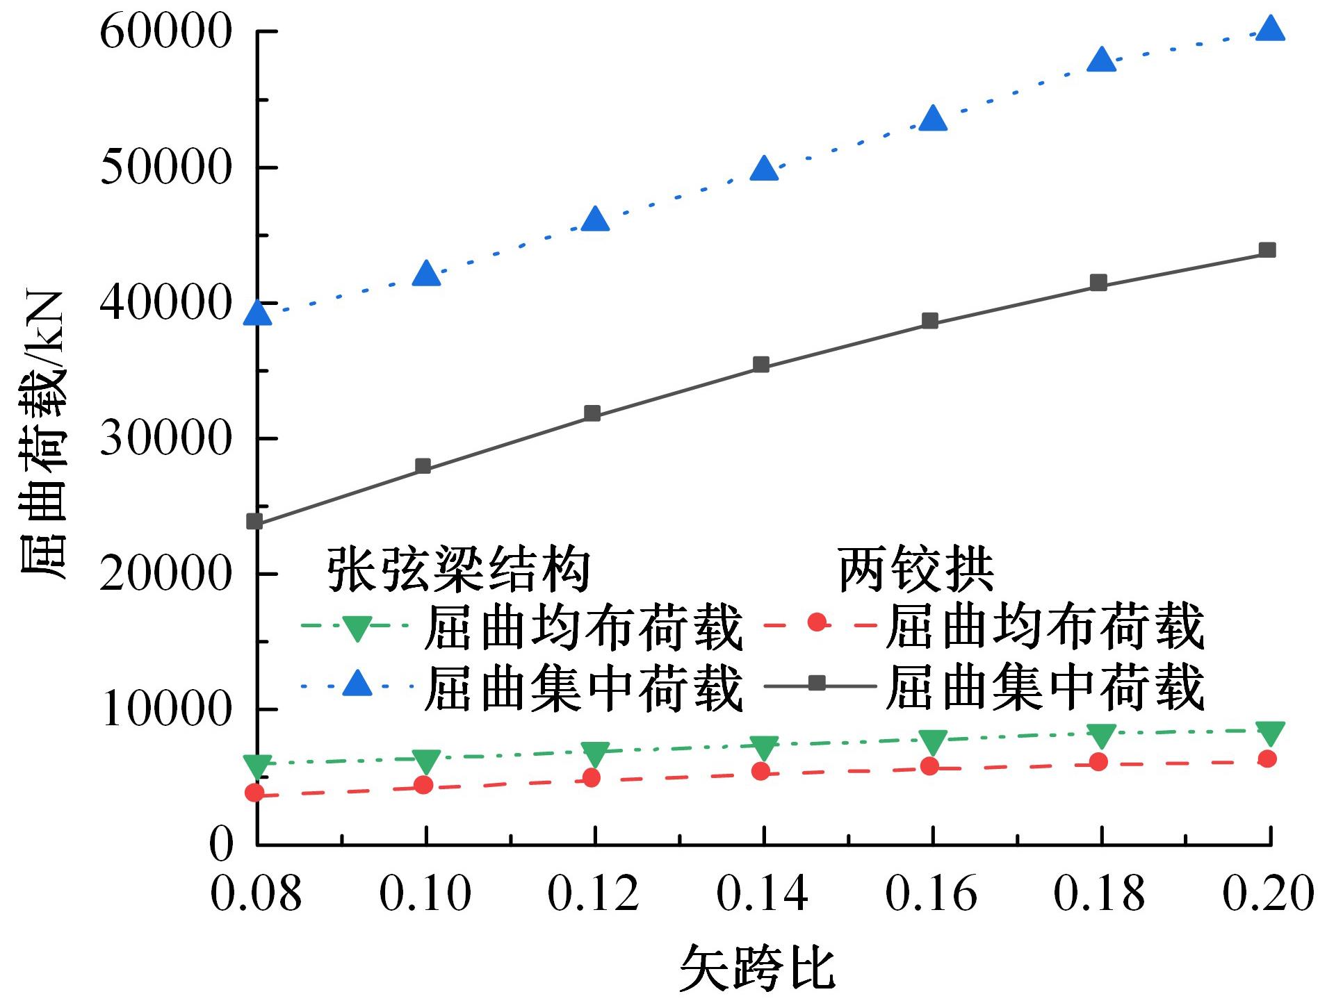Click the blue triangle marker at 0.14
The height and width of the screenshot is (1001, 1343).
point(764,169)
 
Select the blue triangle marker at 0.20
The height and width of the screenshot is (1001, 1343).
point(1270,28)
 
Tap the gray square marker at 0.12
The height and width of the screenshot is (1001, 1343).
point(592,413)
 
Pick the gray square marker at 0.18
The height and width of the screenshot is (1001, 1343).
point(1098,282)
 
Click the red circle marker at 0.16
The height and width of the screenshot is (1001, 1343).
point(929,766)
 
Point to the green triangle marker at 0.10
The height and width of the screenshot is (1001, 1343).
point(426,761)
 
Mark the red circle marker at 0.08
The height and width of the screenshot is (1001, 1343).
point(255,793)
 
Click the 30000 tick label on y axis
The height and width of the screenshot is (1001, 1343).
point(165,438)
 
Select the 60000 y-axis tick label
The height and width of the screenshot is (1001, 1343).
point(165,32)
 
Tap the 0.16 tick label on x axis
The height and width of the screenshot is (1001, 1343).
point(931,893)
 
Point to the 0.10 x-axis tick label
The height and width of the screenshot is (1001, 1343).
point(425,893)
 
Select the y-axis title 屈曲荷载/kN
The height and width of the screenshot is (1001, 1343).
point(43,435)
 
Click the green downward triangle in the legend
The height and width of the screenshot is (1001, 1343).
point(357,628)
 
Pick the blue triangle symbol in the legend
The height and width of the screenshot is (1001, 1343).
point(357,684)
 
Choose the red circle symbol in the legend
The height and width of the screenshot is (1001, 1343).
point(818,623)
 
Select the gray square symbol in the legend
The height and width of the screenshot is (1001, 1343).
point(818,684)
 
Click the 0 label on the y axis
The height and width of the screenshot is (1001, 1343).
point(222,845)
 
